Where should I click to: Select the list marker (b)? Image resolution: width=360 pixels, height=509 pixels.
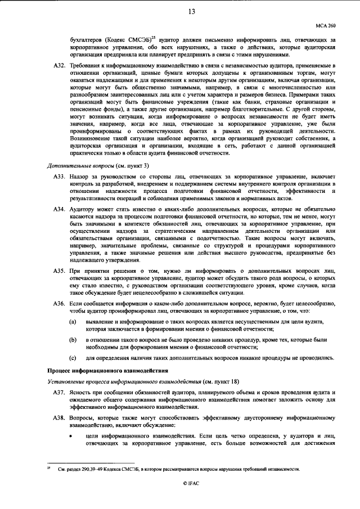73,340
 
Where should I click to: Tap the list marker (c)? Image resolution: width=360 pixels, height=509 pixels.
73,358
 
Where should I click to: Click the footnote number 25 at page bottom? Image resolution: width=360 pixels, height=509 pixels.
48,467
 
